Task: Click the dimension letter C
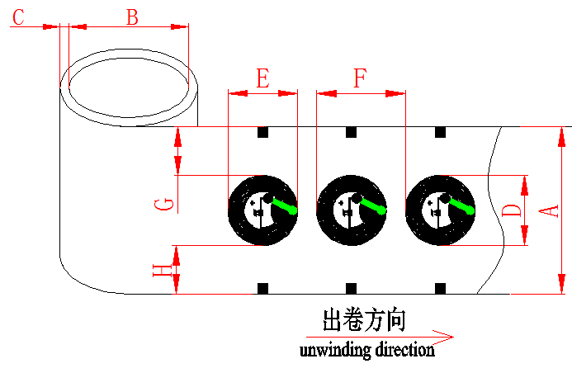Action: [18, 17]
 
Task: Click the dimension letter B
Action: [132, 17]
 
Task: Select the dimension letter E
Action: [263, 78]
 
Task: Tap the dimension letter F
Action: [361, 78]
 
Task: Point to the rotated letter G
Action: [164, 205]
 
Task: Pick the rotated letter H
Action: [163, 270]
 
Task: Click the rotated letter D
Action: [513, 210]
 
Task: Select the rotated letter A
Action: [549, 211]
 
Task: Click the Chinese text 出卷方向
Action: [364, 320]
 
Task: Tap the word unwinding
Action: [335, 351]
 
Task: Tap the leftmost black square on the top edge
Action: [262, 132]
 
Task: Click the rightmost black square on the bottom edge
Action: [440, 288]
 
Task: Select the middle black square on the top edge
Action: [351, 132]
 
